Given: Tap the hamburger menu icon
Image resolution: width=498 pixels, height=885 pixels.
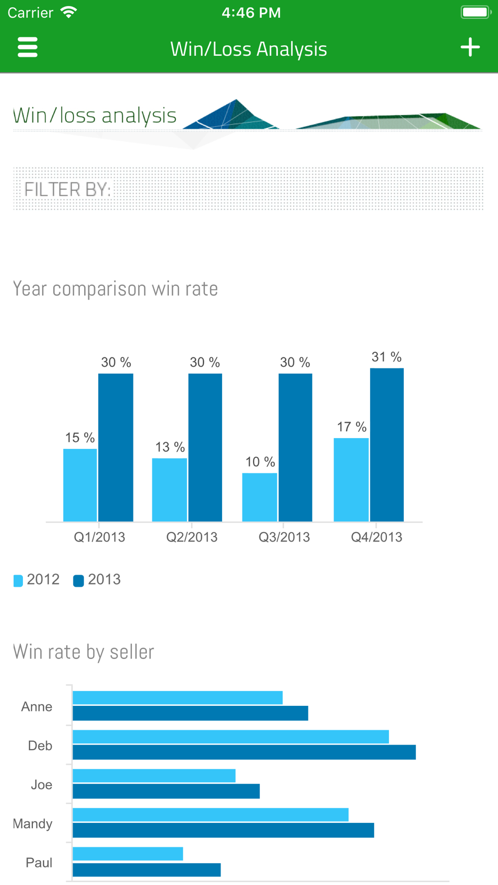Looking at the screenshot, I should [27, 47].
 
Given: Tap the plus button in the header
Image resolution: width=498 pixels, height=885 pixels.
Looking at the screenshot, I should [470, 47].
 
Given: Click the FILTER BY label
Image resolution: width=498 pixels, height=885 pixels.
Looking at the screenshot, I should [68, 190].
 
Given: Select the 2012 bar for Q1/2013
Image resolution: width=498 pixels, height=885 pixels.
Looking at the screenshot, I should [80, 485].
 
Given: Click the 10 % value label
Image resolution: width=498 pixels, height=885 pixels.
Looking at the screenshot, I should [260, 462].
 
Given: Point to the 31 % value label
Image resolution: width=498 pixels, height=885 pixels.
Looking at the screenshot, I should [386, 357].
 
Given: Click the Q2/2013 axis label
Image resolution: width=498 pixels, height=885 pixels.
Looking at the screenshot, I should [192, 537].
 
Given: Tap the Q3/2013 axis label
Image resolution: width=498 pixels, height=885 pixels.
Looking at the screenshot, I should [284, 537].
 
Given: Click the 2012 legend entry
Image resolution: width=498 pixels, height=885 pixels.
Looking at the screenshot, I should [37, 580].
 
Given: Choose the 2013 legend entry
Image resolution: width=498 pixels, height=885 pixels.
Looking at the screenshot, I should [98, 580].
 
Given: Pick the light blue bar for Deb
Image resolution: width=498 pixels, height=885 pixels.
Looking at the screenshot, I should [231, 737].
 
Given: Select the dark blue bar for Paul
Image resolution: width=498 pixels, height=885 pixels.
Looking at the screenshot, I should [146, 870].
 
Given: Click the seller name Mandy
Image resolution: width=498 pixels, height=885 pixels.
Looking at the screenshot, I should [33, 824].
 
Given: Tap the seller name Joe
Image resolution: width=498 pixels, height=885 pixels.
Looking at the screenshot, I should [41, 785].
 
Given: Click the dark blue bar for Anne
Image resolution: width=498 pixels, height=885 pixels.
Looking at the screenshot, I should [190, 713].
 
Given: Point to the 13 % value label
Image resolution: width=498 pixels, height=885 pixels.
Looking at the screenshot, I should [170, 447].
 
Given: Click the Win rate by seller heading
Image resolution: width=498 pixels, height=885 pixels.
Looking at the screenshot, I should [84, 652].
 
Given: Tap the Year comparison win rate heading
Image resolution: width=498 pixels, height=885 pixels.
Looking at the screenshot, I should [116, 289].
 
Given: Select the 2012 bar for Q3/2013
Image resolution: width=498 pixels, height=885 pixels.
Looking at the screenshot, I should [259, 497].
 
